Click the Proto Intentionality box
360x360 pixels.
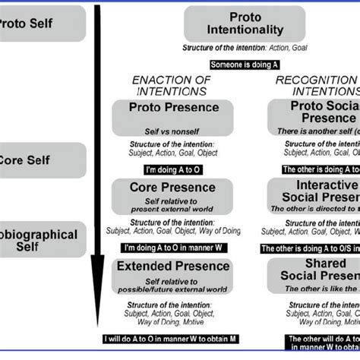point(245,24)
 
